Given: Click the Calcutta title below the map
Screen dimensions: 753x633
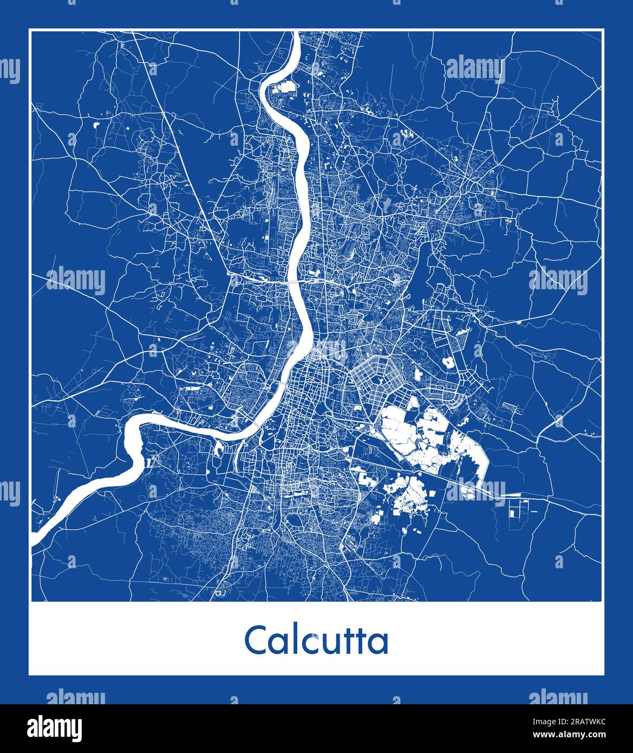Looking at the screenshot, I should (316, 640).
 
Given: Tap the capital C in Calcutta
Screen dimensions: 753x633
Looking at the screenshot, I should (254, 640).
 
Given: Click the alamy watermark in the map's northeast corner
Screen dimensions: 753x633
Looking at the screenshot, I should (475, 69).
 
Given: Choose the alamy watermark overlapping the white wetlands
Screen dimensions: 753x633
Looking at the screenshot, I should (475, 490).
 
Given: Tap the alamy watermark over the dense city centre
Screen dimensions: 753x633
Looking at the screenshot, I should (317, 351).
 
